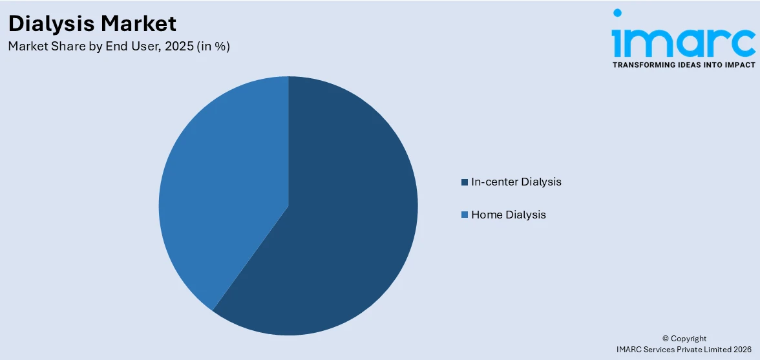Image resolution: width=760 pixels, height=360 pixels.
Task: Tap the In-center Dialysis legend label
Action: (x=516, y=182)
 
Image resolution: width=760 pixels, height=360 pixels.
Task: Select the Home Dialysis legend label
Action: (x=508, y=215)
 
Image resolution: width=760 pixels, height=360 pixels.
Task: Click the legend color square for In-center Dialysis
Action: (x=464, y=182)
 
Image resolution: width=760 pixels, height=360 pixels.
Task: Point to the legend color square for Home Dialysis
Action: (x=464, y=215)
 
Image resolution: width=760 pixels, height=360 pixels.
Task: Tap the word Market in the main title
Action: (x=139, y=24)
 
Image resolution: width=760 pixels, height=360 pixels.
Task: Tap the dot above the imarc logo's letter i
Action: (x=618, y=12)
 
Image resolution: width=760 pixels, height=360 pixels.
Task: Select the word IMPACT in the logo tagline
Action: (x=739, y=65)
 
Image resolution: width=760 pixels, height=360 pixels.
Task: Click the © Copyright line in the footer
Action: (x=684, y=339)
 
